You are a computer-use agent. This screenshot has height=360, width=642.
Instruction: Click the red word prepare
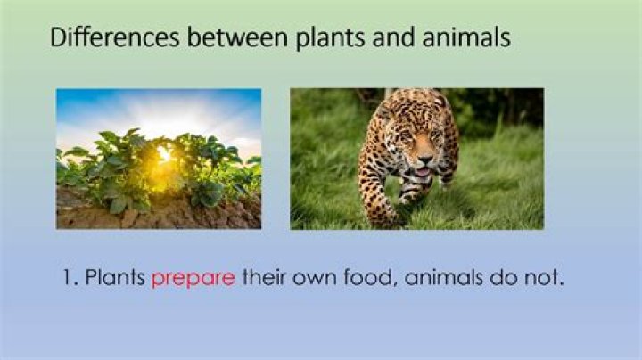point(193,279)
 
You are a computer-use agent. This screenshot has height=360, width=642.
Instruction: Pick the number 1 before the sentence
point(69,278)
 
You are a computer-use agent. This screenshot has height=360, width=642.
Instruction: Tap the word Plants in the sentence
point(115,278)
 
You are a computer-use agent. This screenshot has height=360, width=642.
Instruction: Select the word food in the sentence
point(364,278)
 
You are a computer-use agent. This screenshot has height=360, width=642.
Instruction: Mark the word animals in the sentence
point(443,278)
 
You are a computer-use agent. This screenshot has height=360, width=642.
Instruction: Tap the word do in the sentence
point(506,278)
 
